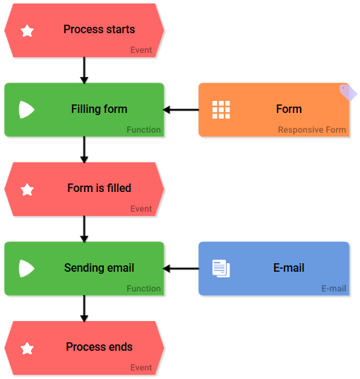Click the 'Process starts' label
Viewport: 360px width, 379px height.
coord(99,30)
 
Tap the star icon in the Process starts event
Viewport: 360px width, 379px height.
coord(28,31)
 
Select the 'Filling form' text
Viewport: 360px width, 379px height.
coord(99,109)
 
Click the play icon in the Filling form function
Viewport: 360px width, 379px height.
coord(26,109)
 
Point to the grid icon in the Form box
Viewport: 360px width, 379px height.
coord(221,109)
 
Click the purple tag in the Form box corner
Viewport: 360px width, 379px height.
coord(347,92)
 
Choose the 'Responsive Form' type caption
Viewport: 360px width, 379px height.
coord(311,130)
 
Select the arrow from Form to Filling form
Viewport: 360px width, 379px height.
coord(181,109)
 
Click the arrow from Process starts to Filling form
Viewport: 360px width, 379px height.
coord(84,71)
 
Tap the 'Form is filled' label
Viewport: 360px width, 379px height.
coord(99,188)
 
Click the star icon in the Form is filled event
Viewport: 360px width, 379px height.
coord(28,190)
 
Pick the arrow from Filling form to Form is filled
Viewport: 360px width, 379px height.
coord(84,150)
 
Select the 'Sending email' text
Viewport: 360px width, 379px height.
coord(99,268)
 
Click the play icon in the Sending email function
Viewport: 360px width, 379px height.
coord(26,268)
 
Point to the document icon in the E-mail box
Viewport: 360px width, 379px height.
coord(221,268)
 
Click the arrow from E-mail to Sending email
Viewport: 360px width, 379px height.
coord(181,268)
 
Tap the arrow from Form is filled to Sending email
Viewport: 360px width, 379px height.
coord(84,229)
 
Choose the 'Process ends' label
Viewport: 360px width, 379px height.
coord(99,347)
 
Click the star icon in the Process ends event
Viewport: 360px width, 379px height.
coord(28,349)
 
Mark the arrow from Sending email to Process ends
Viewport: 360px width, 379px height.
coord(84,308)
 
